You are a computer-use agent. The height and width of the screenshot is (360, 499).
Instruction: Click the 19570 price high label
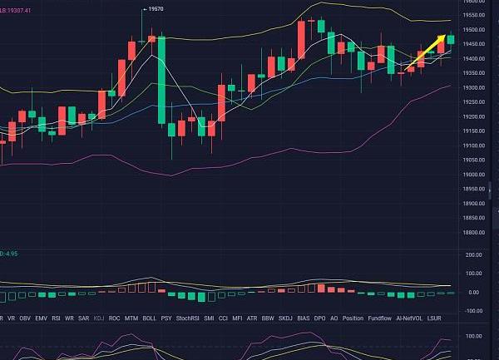pyautogui.click(x=154, y=9)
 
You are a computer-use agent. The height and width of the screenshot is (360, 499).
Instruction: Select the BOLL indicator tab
pyautogui.click(x=150, y=318)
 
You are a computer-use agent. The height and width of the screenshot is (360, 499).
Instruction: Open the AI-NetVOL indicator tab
pyautogui.click(x=415, y=318)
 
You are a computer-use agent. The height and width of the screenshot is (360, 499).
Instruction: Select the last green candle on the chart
pyautogui.click(x=451, y=39)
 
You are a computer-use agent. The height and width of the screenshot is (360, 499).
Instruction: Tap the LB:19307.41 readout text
pyautogui.click(x=16, y=11)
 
